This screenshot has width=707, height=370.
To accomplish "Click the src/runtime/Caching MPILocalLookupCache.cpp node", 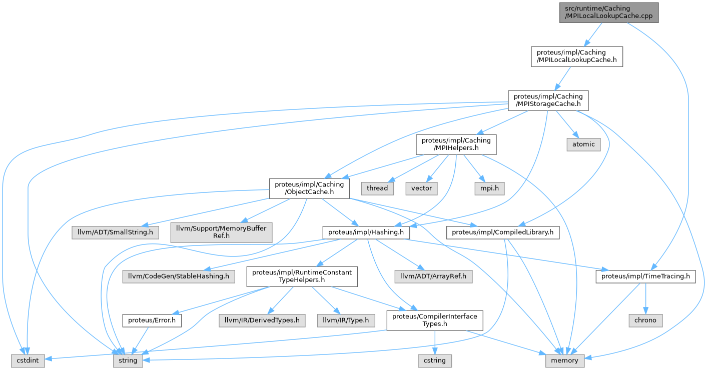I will point(609,12).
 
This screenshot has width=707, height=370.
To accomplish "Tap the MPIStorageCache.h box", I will point(548,100).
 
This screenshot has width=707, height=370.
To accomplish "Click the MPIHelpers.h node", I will point(456,144).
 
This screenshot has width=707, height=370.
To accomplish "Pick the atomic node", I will point(583,144).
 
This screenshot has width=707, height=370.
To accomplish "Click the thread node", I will point(377,188).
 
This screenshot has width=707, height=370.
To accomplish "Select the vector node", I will point(421,188).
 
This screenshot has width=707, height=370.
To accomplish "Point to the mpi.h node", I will point(490,188).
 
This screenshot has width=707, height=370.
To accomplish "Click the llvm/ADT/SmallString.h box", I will point(116,232).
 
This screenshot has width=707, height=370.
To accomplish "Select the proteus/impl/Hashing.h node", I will point(366,232).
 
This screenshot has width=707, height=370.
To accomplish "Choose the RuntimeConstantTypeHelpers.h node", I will point(301,276).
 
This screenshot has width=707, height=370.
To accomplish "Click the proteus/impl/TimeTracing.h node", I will point(645,276).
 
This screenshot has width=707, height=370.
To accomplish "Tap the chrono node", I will point(645,320).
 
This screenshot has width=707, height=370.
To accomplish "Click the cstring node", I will point(435,360).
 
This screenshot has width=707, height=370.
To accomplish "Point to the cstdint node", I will point(29,360).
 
